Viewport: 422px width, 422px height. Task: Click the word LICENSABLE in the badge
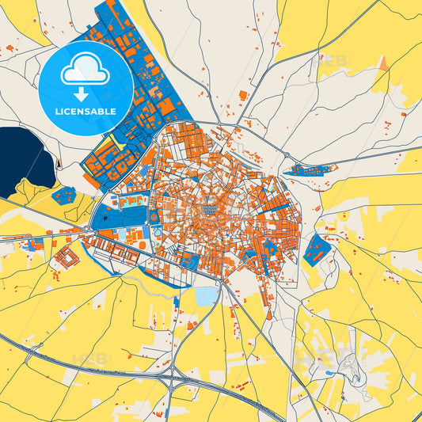(x=86, y=112)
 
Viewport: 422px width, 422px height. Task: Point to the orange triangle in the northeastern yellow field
(x=383, y=63)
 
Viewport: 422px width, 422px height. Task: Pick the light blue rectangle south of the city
(x=205, y=296)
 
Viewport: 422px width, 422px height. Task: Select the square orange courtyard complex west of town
(x=67, y=257)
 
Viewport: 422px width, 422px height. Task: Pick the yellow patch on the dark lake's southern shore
(x=30, y=191)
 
